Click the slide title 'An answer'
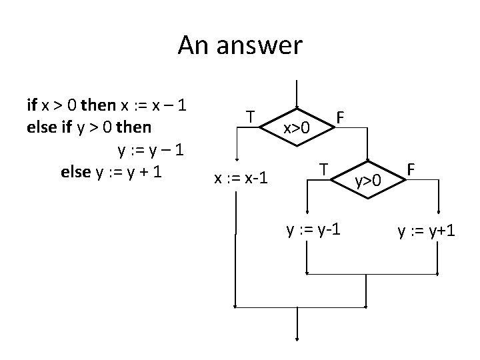pos(239,45)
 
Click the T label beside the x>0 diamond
pos(249,117)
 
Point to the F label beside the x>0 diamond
pos(340,117)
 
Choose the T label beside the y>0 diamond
pos(322,169)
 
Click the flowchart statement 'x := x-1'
pos(241,178)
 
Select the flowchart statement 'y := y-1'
pos(314,231)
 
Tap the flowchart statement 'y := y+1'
pos(427,231)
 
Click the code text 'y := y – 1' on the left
pos(150,149)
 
